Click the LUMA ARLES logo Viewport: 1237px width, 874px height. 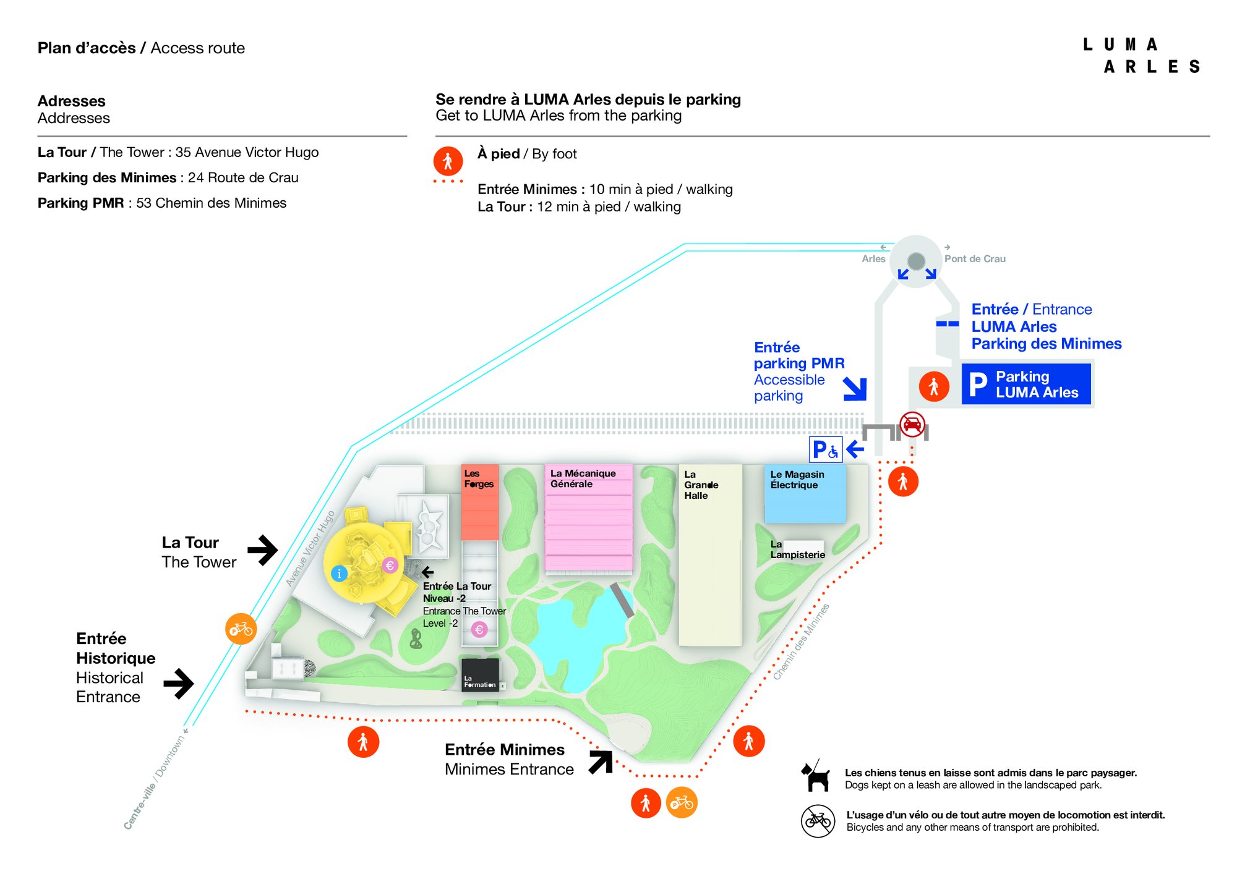(x=1142, y=56)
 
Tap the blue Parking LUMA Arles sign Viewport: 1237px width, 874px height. (x=1025, y=384)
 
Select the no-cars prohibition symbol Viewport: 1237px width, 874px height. (x=912, y=425)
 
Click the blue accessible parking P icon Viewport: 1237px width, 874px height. (x=825, y=449)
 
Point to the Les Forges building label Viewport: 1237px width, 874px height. (x=479, y=479)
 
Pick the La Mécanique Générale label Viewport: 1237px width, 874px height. (x=583, y=478)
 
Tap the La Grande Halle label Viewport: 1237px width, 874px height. (x=700, y=485)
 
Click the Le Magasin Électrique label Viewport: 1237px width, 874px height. (x=797, y=480)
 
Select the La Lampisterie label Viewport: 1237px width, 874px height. (x=797, y=549)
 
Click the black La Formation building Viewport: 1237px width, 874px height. (x=480, y=674)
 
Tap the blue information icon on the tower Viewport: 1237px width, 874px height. (x=339, y=574)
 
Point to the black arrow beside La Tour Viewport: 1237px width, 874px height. (x=263, y=549)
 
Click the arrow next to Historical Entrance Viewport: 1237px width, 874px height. (x=179, y=683)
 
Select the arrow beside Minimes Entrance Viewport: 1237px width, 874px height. (x=601, y=762)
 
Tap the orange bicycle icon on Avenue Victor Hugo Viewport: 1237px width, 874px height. (x=241, y=629)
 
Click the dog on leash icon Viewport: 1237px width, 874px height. (x=816, y=776)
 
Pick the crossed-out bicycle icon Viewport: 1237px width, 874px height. (x=818, y=821)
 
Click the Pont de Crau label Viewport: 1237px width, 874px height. (x=974, y=259)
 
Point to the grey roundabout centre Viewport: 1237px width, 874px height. (x=916, y=261)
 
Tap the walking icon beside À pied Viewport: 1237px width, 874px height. (x=448, y=161)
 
